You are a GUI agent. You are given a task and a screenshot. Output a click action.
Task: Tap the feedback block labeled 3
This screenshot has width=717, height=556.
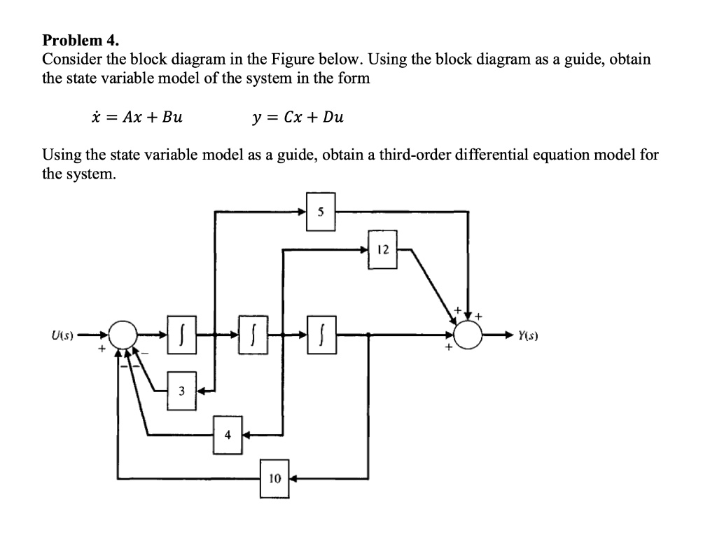pyautogui.click(x=181, y=390)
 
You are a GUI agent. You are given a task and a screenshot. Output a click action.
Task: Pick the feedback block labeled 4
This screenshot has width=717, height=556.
pyautogui.click(x=228, y=433)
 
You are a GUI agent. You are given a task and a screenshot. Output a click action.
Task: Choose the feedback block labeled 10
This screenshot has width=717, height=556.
pyautogui.click(x=274, y=479)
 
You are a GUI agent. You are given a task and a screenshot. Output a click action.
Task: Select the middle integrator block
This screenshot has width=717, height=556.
pyautogui.click(x=254, y=335)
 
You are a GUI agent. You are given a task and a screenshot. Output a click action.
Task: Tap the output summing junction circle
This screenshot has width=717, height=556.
pyautogui.click(x=468, y=335)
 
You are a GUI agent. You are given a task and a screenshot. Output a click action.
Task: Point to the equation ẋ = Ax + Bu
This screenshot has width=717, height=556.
pyautogui.click(x=132, y=116)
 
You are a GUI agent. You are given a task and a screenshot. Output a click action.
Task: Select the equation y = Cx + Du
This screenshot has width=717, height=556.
pyautogui.click(x=298, y=116)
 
